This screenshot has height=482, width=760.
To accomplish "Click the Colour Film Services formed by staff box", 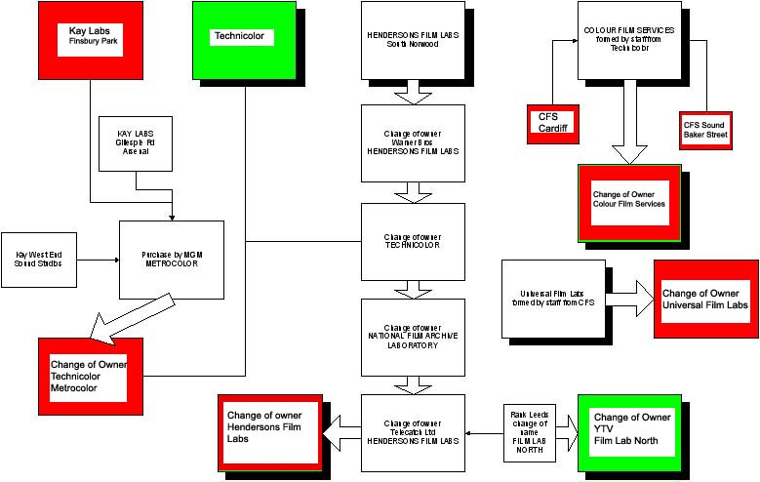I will coord(628,40).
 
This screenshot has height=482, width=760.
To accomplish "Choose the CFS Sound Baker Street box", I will coord(705,129).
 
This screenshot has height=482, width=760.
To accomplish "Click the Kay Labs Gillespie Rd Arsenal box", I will coord(137,143).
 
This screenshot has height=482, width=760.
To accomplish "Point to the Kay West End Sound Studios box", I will coord(39,260).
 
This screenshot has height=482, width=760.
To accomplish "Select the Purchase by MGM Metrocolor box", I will coord(172,259).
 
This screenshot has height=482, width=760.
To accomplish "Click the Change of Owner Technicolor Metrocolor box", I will coord(90,375).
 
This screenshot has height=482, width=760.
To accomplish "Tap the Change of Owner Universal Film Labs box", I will coord(705,299).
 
